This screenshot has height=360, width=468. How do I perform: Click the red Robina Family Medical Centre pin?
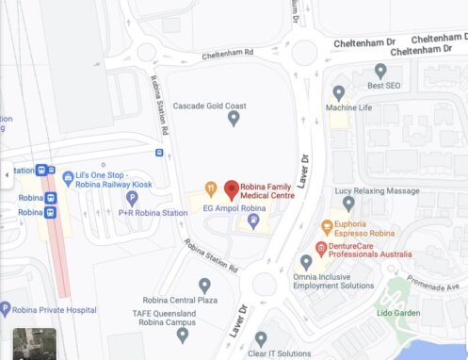[232, 189]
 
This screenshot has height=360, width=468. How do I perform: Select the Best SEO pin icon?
[380, 71]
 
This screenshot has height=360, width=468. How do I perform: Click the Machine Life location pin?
[339, 93]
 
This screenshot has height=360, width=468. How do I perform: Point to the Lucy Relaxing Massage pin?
[348, 204]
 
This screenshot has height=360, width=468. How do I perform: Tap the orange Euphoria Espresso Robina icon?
[327, 227]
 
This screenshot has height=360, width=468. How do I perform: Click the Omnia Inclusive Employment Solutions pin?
[306, 262]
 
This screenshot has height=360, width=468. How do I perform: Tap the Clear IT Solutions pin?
[261, 338]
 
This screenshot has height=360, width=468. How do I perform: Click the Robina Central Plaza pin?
[204, 286]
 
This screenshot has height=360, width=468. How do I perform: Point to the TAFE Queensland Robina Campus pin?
[183, 334]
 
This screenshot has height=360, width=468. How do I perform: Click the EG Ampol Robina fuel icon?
[252, 221]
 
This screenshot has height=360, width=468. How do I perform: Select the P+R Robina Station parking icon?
[132, 198]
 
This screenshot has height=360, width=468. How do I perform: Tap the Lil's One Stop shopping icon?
[68, 177]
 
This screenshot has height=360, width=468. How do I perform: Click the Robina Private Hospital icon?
[5, 307]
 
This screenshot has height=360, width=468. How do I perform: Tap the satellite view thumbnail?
[35, 343]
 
